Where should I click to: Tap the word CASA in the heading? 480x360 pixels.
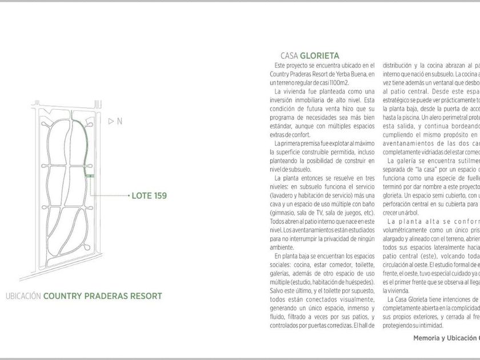pyautogui.click(x=291, y=56)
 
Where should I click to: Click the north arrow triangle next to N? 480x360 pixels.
pyautogui.click(x=111, y=121)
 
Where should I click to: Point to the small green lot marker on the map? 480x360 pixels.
pyautogui.click(x=90, y=176)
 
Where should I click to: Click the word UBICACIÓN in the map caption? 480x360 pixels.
pyautogui.click(x=22, y=296)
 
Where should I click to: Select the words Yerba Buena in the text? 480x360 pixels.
pyautogui.click(x=348, y=74)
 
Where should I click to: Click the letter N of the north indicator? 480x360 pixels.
pyautogui.click(x=119, y=121)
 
